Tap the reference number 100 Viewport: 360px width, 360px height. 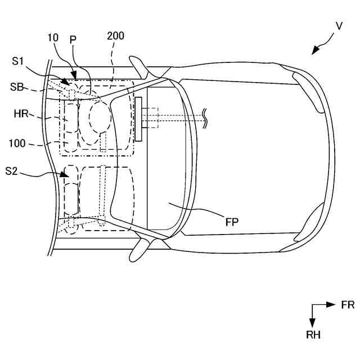tap(17, 143)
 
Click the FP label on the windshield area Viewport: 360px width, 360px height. tap(232, 222)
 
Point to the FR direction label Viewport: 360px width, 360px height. tap(347, 305)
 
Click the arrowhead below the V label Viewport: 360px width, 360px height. tap(316, 51)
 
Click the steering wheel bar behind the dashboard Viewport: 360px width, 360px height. tap(138, 119)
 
